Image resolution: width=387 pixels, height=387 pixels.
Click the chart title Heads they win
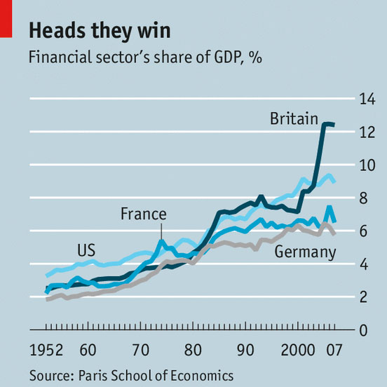100,31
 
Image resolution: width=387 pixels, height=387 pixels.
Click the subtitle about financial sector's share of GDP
145,57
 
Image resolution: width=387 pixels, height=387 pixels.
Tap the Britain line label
294,118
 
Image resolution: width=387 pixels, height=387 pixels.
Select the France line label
144,214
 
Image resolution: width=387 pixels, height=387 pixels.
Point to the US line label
86,250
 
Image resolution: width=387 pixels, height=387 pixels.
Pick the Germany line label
305,252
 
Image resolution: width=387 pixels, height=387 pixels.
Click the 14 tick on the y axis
367,99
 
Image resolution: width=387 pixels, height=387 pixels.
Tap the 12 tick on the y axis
367,132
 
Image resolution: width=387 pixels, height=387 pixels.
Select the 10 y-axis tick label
367,165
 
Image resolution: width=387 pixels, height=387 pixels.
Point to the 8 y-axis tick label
363,198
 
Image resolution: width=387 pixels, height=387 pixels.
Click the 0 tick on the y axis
363,330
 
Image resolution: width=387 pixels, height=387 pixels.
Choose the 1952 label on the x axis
46,350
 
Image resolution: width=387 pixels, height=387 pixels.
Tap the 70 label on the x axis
141,350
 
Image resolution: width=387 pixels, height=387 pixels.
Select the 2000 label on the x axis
298,350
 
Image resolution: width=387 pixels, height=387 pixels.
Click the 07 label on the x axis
334,350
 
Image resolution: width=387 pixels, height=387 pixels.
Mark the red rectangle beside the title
6,19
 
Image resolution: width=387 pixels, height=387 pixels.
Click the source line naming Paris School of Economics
131,376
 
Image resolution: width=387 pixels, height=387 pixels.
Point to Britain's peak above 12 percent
327,124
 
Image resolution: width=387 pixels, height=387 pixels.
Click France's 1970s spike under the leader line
161,241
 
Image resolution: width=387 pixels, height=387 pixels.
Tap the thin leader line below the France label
161,231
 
